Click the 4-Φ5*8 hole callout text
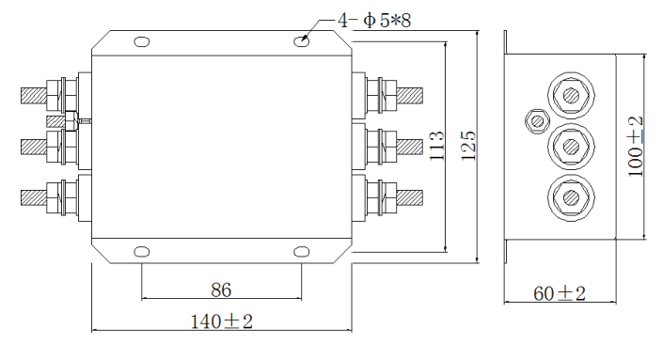coord(374,21)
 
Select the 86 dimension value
coord(221,290)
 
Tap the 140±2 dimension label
coord(222,321)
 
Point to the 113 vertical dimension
coord(436,146)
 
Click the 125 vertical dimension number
coord(468,146)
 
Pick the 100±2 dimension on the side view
coord(635,147)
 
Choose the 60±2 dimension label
coord(560,293)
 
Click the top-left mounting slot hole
coord(142,42)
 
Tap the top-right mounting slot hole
coord(301,41)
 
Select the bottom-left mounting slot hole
coord(142,252)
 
